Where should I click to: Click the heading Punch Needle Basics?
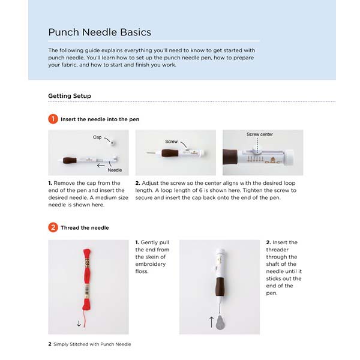tap(100, 32)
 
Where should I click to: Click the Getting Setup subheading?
tap(70, 96)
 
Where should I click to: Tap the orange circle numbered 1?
tap(53, 119)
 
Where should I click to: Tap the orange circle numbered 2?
tap(53, 228)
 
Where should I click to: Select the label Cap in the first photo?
tap(97, 137)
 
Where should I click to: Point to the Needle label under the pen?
tap(115, 170)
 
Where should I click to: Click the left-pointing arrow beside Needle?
tap(101, 164)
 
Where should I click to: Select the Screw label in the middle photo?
tap(171, 142)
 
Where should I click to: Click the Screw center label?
tap(259, 134)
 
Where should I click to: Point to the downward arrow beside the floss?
tap(79, 323)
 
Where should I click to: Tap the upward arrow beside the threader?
tap(211, 321)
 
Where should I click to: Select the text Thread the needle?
tap(85, 228)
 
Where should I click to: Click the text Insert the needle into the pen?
tap(100, 119)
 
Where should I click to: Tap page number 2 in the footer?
tap(50, 344)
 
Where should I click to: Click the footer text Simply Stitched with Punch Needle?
tap(92, 344)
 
